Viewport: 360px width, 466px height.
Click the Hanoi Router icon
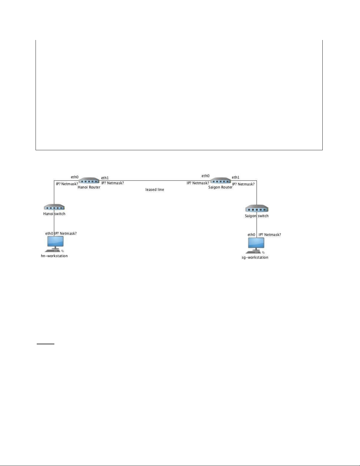pyautogui.click(x=89, y=180)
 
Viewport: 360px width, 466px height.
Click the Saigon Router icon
pyautogui.click(x=220, y=180)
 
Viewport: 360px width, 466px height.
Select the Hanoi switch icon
pyautogui.click(x=54, y=207)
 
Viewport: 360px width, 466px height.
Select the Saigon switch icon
pyautogui.click(x=257, y=209)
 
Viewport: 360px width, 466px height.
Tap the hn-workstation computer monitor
pyautogui.click(x=55, y=242)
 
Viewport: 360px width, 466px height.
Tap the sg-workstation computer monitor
pyautogui.click(x=256, y=243)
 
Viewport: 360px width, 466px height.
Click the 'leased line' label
pyautogui.click(x=155, y=190)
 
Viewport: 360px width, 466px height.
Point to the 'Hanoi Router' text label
pyautogui.click(x=89, y=187)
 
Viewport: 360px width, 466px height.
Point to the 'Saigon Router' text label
pyautogui.click(x=220, y=187)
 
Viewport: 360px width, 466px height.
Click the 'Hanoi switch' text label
pyautogui.click(x=54, y=214)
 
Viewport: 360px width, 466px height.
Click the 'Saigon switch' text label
pyautogui.click(x=257, y=216)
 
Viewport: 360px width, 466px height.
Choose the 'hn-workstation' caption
pyautogui.click(x=54, y=256)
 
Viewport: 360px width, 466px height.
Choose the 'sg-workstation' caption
pyautogui.click(x=255, y=257)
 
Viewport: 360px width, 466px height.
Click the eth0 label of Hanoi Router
pyautogui.click(x=75, y=177)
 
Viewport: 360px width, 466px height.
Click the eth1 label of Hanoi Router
pyautogui.click(x=105, y=178)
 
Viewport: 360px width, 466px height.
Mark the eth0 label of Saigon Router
pyautogui.click(x=205, y=176)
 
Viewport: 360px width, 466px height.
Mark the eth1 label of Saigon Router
pyautogui.click(x=235, y=177)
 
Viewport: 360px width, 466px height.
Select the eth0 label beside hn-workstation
pyautogui.click(x=49, y=233)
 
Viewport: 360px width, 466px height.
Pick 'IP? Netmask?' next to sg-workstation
pyautogui.click(x=270, y=235)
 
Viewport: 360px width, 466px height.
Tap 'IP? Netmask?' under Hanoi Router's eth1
pyautogui.click(x=113, y=183)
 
